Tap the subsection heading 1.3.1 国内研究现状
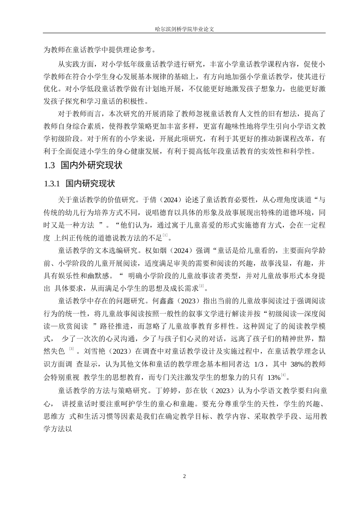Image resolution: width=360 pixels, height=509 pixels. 79,184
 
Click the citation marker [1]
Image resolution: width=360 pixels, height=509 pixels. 165,236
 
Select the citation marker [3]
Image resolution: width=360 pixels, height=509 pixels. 71,348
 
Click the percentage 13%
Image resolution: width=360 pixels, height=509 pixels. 274,378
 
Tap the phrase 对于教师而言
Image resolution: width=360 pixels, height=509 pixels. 78,114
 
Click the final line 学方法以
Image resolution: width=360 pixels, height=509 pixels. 58,429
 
